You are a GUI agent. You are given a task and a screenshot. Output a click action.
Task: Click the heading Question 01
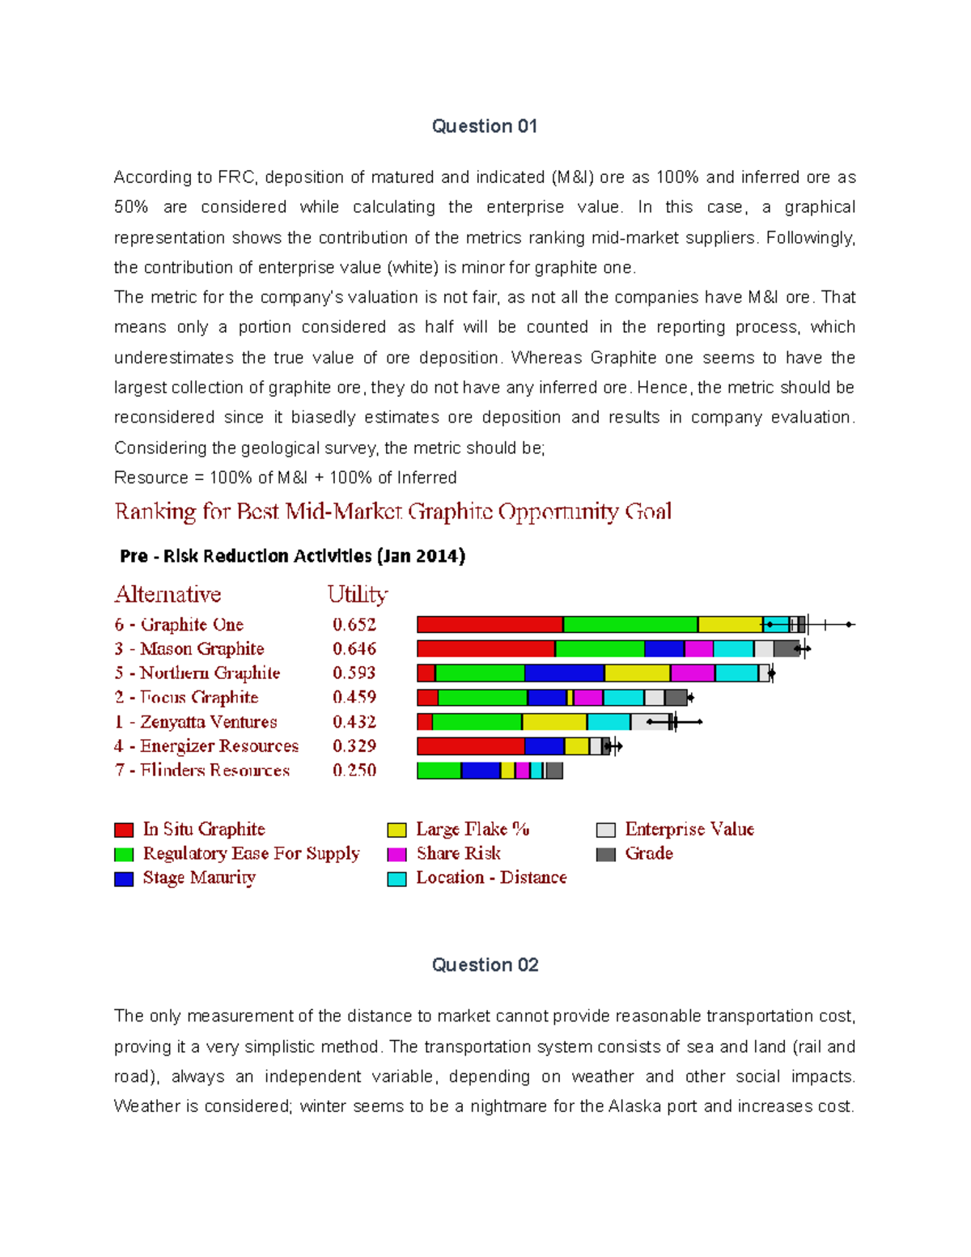pos(484,126)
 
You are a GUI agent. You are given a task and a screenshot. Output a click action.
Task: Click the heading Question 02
pos(484,965)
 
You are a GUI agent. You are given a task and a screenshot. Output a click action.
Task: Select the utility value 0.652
pos(354,625)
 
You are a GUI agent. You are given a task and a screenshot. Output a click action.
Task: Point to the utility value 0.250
pos(354,771)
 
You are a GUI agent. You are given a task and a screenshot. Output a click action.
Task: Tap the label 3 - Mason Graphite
pos(189,649)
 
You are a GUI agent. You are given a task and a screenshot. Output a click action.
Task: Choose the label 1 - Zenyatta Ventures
pos(196,722)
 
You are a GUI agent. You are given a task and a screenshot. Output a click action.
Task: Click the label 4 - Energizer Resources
pos(206,746)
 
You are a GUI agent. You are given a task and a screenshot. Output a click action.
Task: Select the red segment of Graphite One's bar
pos(490,624)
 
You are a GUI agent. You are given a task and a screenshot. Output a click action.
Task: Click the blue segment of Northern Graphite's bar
pos(564,673)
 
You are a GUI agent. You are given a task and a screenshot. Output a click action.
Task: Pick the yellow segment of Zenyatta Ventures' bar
pos(554,722)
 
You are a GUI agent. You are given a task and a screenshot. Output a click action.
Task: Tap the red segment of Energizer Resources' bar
pos(470,746)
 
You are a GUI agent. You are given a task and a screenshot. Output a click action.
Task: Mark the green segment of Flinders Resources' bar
pos(439,771)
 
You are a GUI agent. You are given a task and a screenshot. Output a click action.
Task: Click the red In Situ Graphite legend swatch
pos(124,830)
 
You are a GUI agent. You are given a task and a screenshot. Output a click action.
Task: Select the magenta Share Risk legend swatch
pos(396,854)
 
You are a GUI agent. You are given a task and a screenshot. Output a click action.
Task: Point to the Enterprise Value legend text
pos(689,830)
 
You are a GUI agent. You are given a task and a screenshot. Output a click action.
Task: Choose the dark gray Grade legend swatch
pos(605,854)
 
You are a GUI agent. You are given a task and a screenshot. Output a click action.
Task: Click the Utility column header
pos(357,595)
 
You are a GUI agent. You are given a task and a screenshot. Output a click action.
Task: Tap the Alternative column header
pos(167,595)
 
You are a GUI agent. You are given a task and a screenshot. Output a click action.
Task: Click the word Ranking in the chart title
pos(155,512)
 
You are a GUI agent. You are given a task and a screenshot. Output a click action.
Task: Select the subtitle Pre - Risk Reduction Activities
pos(292,556)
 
